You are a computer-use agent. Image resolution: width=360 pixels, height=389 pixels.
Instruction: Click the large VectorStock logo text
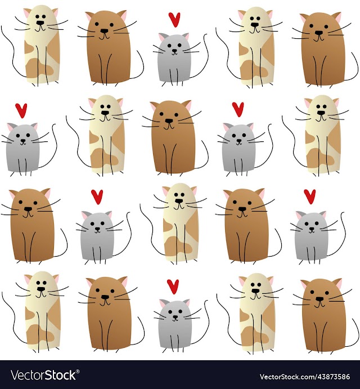click(x=43, y=375)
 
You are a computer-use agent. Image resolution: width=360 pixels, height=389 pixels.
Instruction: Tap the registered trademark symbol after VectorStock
click(x=78, y=372)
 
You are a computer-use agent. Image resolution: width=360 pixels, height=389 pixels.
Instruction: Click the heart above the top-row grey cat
click(x=174, y=20)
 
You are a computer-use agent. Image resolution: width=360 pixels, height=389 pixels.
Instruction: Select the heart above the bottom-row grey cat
click(x=173, y=287)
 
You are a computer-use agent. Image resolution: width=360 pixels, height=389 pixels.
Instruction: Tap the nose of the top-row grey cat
click(x=175, y=51)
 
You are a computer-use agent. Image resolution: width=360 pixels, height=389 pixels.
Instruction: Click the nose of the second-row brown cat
click(x=169, y=121)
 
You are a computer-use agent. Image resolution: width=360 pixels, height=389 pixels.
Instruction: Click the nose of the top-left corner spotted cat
click(x=40, y=23)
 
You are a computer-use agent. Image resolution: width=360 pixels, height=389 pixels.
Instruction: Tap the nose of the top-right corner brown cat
click(x=319, y=33)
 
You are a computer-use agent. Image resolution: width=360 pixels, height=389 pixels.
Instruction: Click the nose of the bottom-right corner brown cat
click(x=319, y=299)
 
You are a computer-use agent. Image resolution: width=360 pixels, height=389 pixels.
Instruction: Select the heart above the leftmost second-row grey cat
click(x=21, y=111)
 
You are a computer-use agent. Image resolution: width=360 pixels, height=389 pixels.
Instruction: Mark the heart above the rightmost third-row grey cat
click(x=310, y=196)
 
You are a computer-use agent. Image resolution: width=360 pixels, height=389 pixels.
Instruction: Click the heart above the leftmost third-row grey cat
click(x=97, y=196)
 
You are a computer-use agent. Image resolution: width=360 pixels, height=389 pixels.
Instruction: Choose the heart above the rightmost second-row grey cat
click(x=238, y=109)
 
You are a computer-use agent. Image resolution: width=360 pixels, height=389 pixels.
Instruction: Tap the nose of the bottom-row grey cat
click(x=175, y=317)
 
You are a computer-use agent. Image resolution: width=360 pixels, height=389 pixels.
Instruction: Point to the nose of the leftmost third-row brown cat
click(x=28, y=209)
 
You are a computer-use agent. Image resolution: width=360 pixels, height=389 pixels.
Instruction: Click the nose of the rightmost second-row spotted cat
click(x=321, y=113)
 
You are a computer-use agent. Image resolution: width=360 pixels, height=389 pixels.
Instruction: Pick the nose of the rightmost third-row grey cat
click(x=312, y=229)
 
